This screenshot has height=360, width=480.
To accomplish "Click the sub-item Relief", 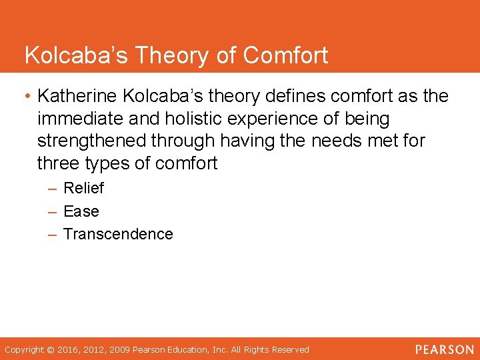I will pyautogui.click(x=83, y=188).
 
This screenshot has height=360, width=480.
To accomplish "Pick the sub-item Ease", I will pyautogui.click(x=81, y=211).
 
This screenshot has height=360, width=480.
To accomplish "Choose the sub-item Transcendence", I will pyautogui.click(x=118, y=234).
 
